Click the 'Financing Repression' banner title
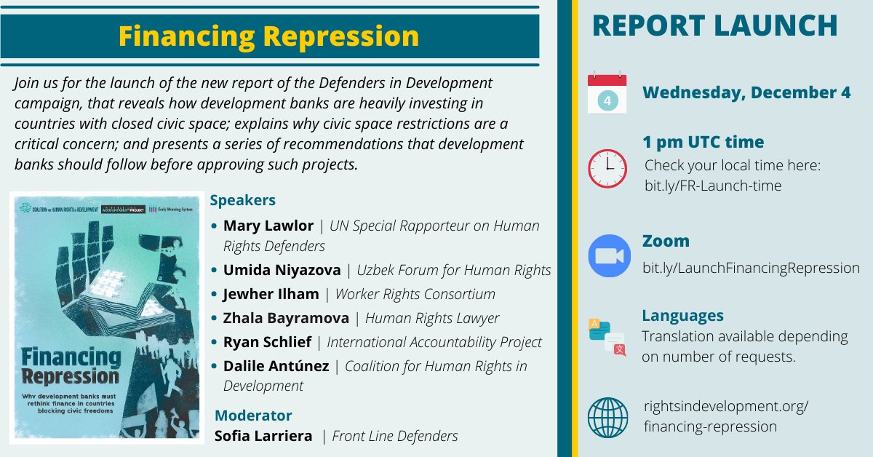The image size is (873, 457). point(268,36)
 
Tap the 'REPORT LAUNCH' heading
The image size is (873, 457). point(714,26)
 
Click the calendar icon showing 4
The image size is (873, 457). point(607,92)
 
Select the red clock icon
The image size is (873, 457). point(607,168)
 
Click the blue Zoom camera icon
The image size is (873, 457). point(609,256)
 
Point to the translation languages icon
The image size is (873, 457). point(607,337)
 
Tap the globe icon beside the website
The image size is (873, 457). point(607,417)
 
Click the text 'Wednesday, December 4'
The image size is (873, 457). point(746,93)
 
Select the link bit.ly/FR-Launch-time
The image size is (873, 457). point(712,186)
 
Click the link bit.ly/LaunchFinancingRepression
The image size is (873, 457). point(751,268)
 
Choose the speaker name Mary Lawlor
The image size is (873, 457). point(268,226)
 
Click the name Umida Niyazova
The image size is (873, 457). point(282,270)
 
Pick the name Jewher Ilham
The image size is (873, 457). point(271,294)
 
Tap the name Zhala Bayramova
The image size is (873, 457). point(286,318)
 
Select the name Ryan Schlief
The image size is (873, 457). point(267,341)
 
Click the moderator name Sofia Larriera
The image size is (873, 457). point(263,436)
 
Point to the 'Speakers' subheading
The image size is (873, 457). point(242,200)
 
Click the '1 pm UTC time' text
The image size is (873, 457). point(703,142)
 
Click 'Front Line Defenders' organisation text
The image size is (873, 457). point(395,436)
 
